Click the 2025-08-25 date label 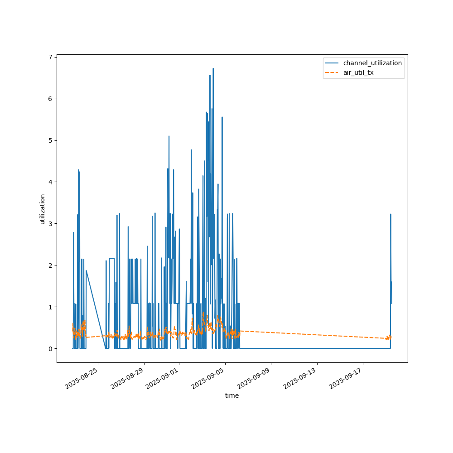click(x=82, y=379)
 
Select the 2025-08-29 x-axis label click(x=128, y=379)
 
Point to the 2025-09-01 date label click(x=163, y=379)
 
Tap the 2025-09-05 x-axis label click(x=209, y=379)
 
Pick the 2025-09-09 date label click(x=255, y=379)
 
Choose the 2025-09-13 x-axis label click(x=301, y=379)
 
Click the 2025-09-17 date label click(x=347, y=379)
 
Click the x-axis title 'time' click(x=232, y=395)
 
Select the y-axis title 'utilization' click(x=43, y=209)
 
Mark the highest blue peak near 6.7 click(x=213, y=69)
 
